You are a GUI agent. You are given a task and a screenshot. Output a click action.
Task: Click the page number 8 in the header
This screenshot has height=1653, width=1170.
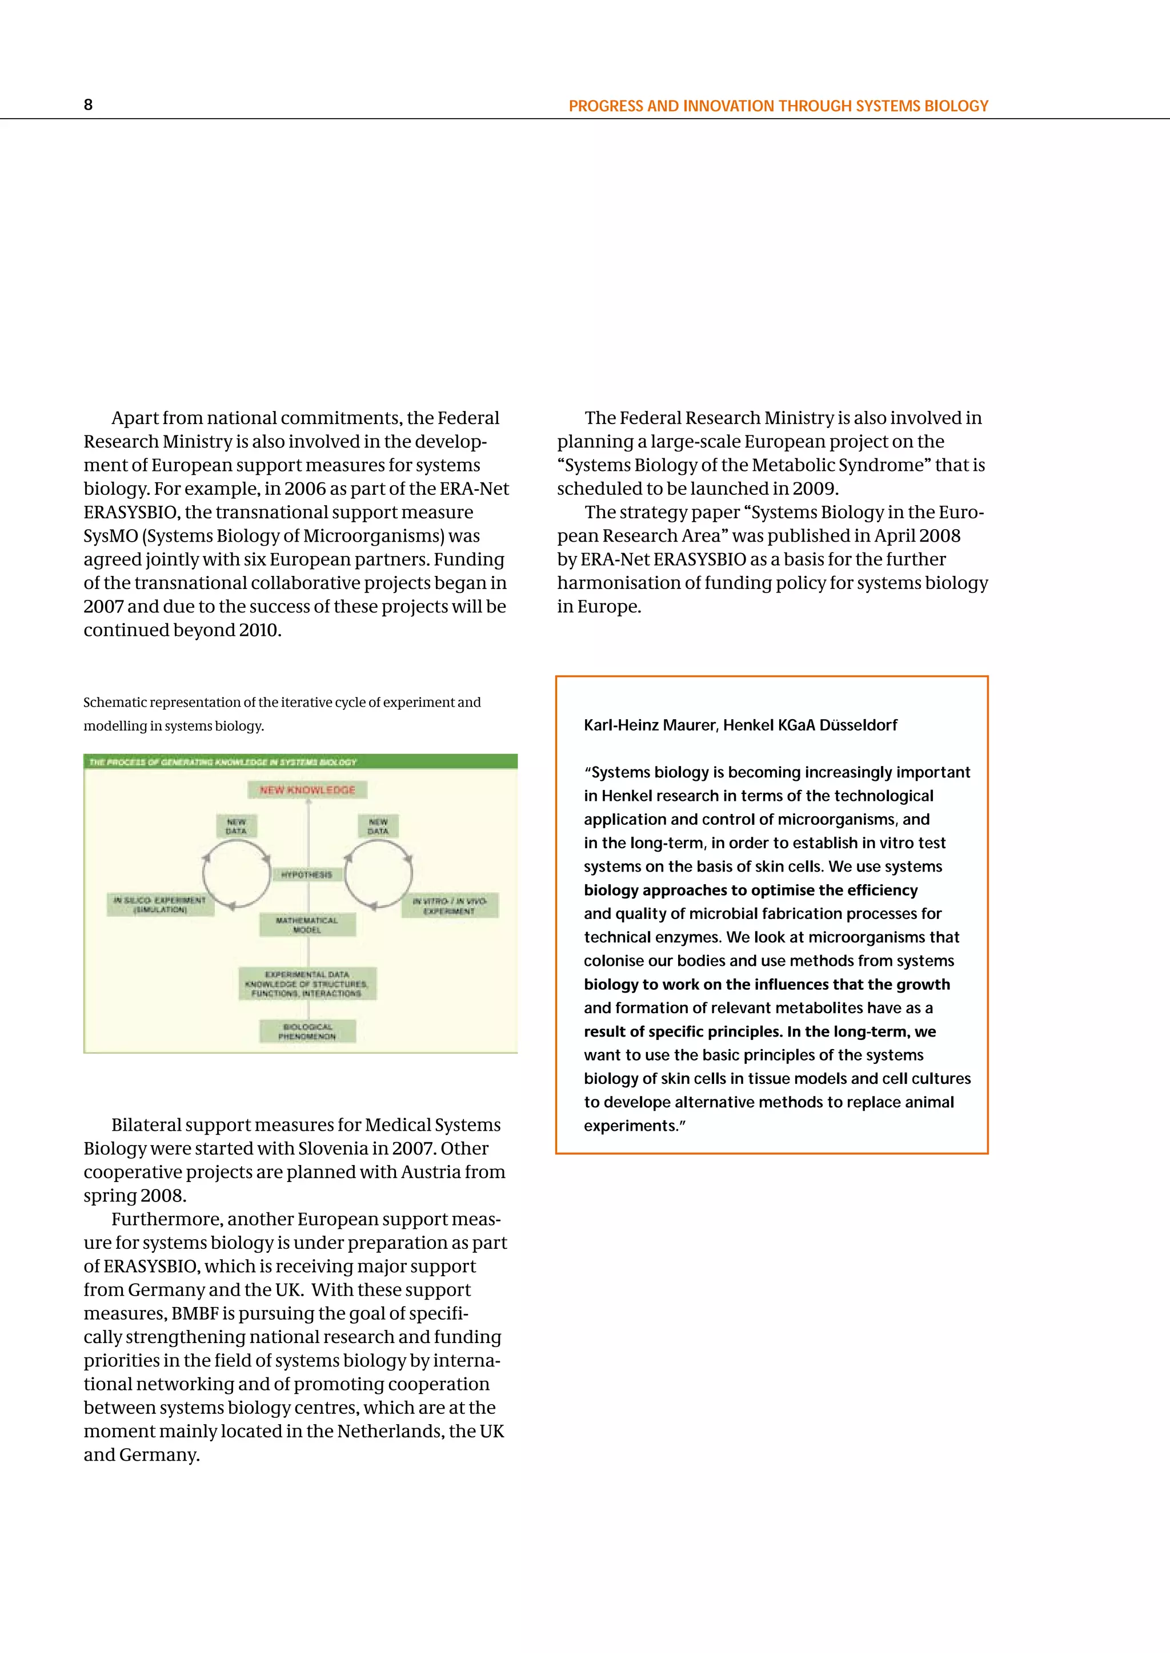click(88, 105)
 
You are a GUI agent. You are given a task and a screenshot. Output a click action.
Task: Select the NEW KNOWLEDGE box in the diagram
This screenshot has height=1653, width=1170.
click(307, 790)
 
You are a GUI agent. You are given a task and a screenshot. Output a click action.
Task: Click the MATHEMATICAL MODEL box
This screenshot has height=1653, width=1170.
click(307, 925)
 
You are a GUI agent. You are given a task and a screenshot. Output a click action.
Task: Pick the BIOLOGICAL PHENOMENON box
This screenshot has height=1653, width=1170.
click(307, 1031)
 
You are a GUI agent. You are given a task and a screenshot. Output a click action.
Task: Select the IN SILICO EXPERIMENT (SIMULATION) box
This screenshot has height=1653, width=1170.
click(160, 905)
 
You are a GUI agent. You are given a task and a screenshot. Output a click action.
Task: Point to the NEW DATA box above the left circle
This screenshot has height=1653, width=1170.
click(237, 826)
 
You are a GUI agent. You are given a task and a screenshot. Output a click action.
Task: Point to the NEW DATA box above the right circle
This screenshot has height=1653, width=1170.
click(378, 826)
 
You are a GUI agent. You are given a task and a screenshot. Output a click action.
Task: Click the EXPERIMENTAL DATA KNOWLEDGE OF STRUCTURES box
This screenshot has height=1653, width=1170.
click(307, 984)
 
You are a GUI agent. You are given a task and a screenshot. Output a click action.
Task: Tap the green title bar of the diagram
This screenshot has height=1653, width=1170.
click(300, 761)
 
